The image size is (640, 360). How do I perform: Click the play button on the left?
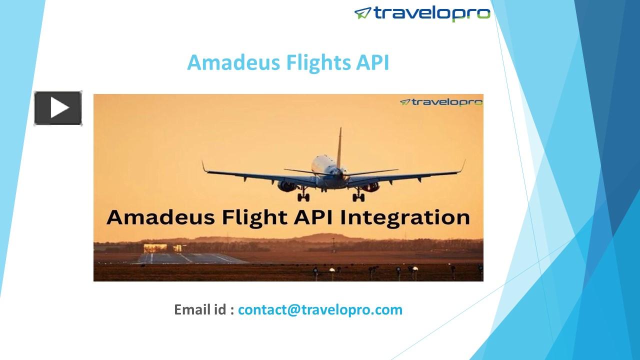(x=58, y=108)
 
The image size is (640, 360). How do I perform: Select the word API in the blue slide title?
(x=372, y=63)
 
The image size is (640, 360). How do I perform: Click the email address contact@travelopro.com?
(x=320, y=309)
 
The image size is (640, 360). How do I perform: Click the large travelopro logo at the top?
(x=422, y=13)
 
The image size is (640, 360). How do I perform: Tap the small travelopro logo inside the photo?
(x=441, y=102)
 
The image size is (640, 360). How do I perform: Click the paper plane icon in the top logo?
(x=362, y=13)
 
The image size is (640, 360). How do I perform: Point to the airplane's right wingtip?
(x=463, y=165)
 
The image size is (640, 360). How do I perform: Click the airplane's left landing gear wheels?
(x=303, y=197)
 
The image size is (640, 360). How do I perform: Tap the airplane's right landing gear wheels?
(x=358, y=197)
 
